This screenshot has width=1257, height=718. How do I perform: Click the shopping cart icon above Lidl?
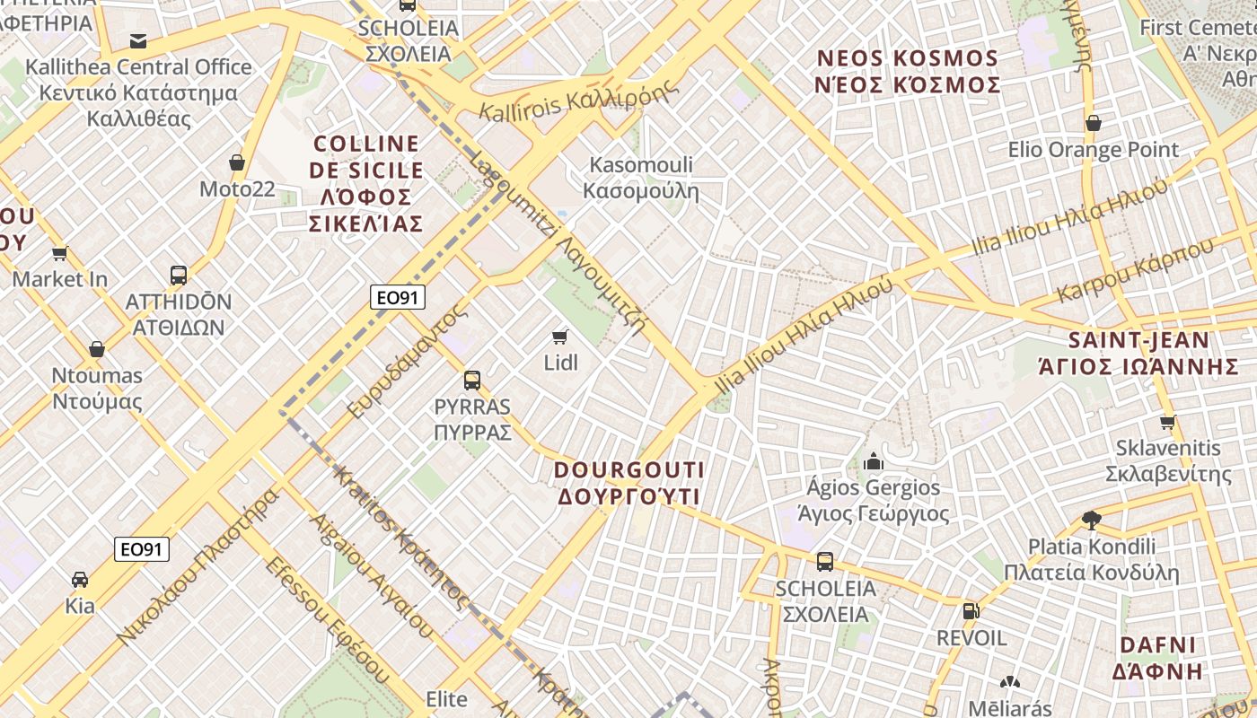click(x=560, y=337)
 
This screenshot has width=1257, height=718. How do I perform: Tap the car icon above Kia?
click(x=80, y=579)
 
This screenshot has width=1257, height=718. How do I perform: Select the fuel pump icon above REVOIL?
click(x=971, y=611)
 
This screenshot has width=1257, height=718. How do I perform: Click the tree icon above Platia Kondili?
click(x=1091, y=520)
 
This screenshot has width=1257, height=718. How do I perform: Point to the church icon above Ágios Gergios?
click(x=873, y=462)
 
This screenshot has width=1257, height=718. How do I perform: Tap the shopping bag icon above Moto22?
click(x=237, y=162)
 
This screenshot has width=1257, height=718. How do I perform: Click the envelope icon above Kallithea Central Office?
click(x=138, y=40)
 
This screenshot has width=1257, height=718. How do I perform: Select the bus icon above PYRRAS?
click(x=472, y=380)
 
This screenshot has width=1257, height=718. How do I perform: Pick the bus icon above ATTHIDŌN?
click(x=179, y=275)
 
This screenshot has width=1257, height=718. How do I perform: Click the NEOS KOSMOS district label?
click(x=908, y=72)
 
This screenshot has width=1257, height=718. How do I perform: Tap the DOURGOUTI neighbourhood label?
click(x=628, y=483)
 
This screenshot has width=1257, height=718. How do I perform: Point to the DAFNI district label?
click(x=1157, y=658)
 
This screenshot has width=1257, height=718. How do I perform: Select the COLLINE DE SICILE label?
click(x=366, y=183)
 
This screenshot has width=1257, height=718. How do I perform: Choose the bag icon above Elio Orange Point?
click(x=1093, y=123)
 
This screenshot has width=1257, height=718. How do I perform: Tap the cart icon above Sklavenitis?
click(x=1167, y=422)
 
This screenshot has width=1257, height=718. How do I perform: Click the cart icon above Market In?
click(x=60, y=253)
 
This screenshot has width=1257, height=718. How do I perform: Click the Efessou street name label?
click(x=327, y=619)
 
